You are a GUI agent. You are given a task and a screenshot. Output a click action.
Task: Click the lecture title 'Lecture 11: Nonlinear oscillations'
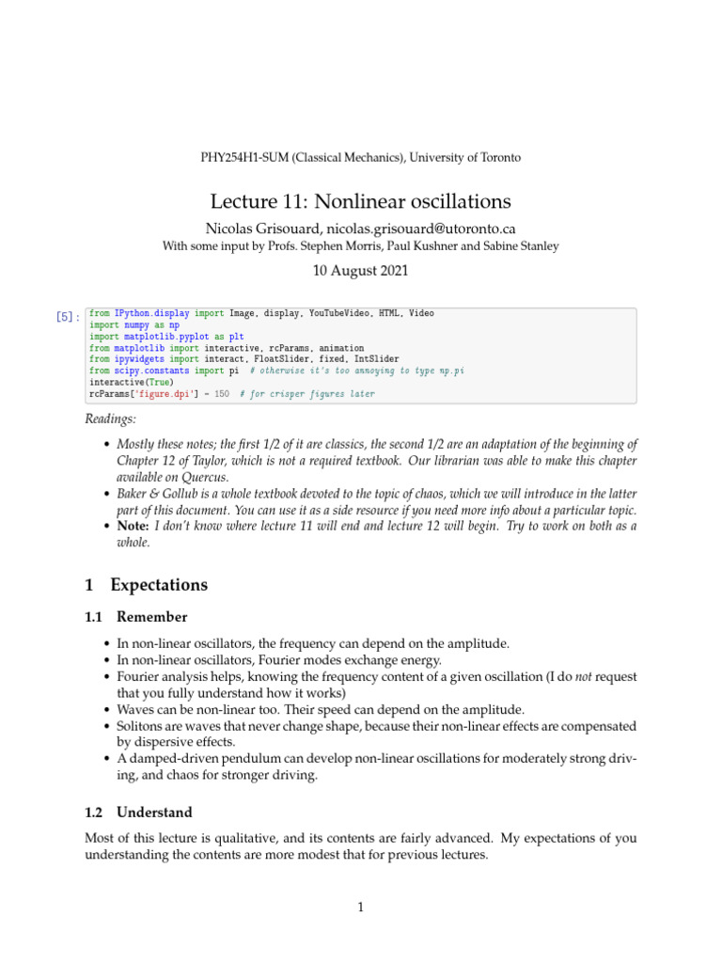point(360,202)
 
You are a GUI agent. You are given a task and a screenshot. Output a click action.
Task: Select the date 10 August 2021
point(360,272)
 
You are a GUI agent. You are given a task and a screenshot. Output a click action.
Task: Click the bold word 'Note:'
point(133,527)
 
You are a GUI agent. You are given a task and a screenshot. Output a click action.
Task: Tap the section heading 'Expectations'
point(159,585)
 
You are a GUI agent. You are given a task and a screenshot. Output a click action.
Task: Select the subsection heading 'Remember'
point(152,618)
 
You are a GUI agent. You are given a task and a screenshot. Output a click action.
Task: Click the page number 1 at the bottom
point(360,908)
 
